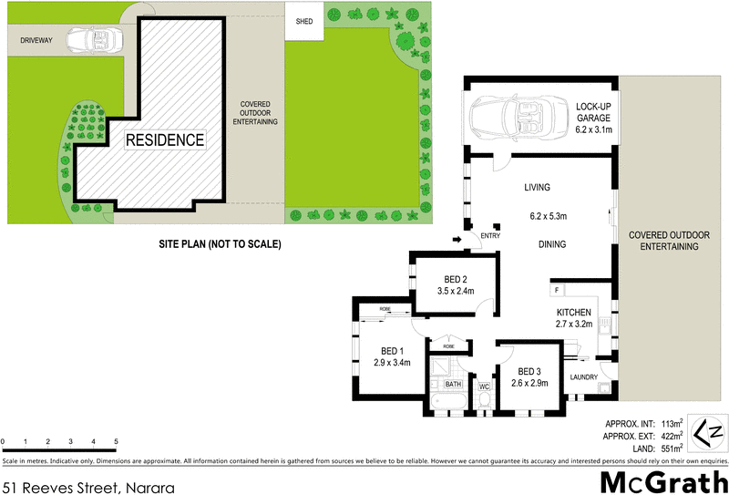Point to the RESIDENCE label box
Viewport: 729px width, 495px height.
[165, 140]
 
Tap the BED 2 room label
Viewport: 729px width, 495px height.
[457, 279]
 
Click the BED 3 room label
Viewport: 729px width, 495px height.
[530, 372]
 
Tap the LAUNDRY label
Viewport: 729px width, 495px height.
[582, 376]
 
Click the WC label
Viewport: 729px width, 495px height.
[484, 387]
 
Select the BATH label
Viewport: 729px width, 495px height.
[453, 386]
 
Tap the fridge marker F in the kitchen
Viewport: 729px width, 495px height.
[555, 291]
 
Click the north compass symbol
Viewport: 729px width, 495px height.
[709, 431]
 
